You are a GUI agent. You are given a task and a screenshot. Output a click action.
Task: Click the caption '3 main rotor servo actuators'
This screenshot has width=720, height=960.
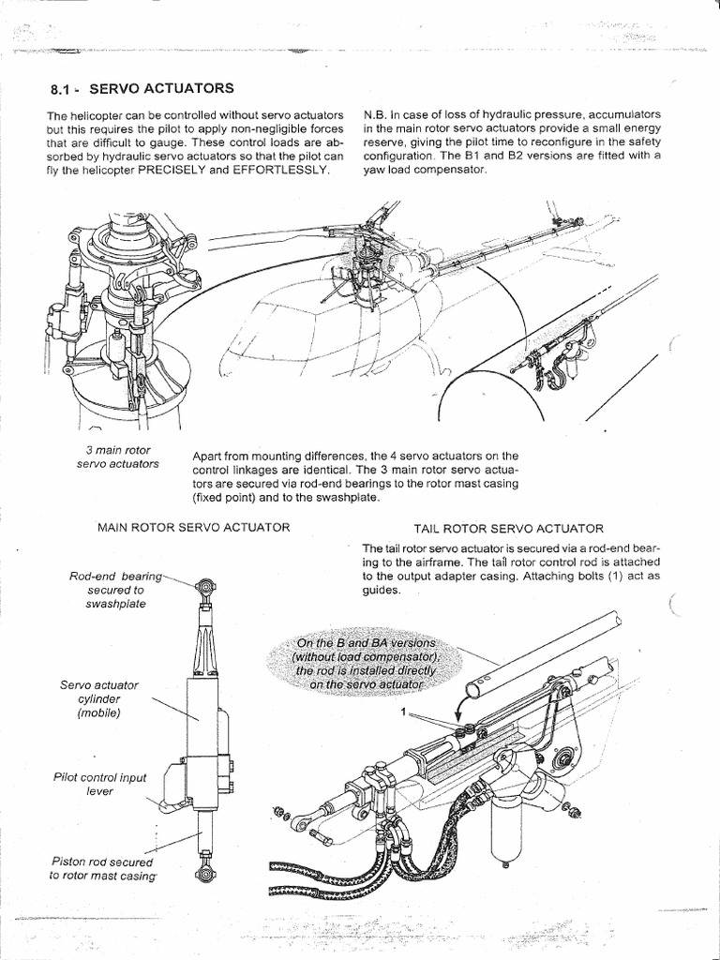pos(119,457)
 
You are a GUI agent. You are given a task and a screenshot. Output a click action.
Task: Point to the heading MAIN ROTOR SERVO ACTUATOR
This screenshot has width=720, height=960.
pos(193,528)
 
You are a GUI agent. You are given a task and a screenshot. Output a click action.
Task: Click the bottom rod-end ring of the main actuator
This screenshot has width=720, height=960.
pos(202,876)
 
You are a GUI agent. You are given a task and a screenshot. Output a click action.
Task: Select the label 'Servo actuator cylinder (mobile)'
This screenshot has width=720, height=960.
pos(92,700)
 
